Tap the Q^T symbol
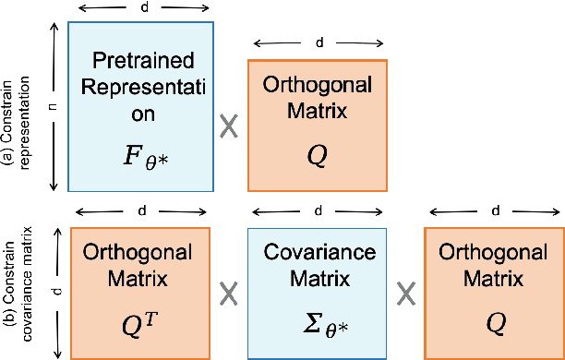pos(142,322)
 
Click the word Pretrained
pos(142,66)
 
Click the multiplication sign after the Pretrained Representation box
pos(230,126)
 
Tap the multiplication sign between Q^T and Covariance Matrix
pos(230,293)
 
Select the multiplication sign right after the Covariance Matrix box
pos(404,293)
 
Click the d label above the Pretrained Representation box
pos(141,7)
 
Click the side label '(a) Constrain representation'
pos(19,106)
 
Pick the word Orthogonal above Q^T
pos(142,252)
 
